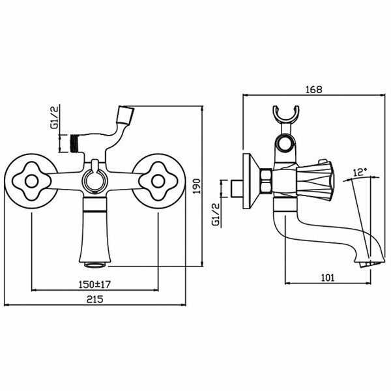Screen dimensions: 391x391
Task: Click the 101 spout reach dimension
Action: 328,277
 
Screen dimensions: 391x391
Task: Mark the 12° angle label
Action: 360,172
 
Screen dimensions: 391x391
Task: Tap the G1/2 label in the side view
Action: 215,213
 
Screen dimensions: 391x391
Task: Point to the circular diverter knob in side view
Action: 285,144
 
